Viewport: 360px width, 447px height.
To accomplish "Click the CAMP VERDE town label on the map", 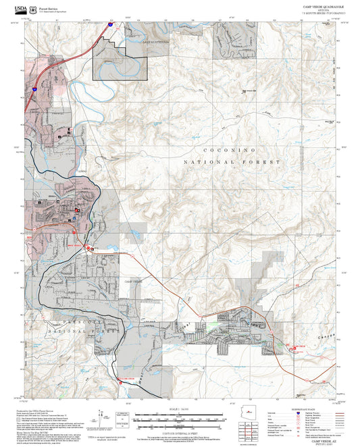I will point(133,280).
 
